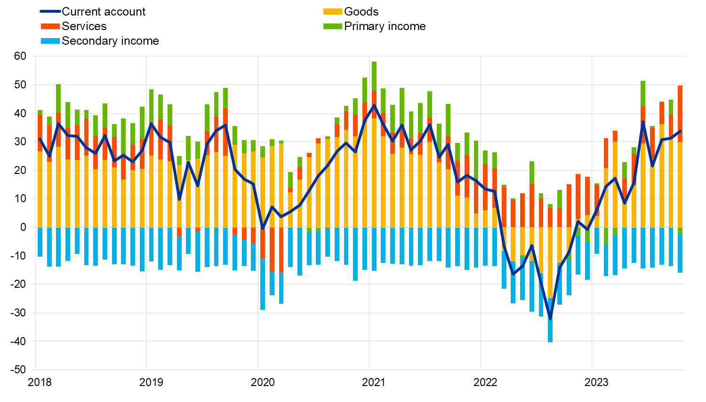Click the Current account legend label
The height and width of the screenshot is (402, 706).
point(104,12)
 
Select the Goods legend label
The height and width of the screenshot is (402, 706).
point(361,12)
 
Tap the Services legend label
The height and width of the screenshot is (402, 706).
point(84,26)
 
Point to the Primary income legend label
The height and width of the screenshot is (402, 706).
point(385,26)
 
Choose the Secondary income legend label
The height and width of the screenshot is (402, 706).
point(110,41)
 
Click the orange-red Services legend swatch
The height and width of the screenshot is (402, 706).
point(50,26)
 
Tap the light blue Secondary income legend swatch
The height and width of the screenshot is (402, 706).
point(50,41)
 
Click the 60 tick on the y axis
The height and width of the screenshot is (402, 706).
point(20,56)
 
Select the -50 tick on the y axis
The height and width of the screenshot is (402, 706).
point(18,370)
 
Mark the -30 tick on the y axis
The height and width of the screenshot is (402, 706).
point(18,313)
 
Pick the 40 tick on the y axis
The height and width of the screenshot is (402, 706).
point(20,113)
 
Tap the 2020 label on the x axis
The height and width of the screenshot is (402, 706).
point(263,382)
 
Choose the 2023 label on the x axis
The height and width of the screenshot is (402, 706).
point(596,382)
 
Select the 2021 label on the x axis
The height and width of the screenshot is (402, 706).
point(374,382)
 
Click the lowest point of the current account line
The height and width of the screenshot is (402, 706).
point(550,318)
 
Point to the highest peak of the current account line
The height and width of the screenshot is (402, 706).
point(374,105)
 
